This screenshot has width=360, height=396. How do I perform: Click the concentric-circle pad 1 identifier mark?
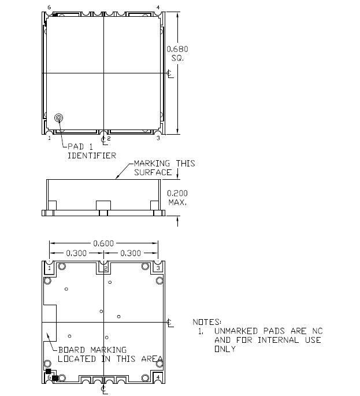[59, 119]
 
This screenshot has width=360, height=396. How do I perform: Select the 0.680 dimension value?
[177, 49]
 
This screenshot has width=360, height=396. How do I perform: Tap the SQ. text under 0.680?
[176, 58]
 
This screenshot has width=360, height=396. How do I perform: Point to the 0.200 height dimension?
[177, 193]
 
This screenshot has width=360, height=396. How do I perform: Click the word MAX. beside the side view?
[176, 202]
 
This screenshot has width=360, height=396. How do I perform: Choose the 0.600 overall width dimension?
[103, 243]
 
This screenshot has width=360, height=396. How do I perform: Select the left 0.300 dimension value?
[77, 253]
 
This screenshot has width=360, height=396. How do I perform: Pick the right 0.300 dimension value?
[131, 253]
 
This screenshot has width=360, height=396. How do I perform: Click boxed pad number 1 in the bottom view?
[49, 268]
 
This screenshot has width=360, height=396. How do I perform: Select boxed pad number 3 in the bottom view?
[158, 268]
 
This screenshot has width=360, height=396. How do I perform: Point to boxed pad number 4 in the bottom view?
[158, 377]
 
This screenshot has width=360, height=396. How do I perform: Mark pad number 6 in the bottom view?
[49, 377]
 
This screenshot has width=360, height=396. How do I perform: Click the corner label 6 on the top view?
[49, 8]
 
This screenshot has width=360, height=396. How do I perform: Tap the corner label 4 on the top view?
[158, 8]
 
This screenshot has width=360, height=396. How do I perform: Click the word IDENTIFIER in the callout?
[91, 155]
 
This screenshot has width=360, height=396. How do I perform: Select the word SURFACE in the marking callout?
[153, 172]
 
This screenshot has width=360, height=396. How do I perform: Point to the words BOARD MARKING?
[92, 350]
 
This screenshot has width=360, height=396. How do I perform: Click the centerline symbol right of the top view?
[169, 73]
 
